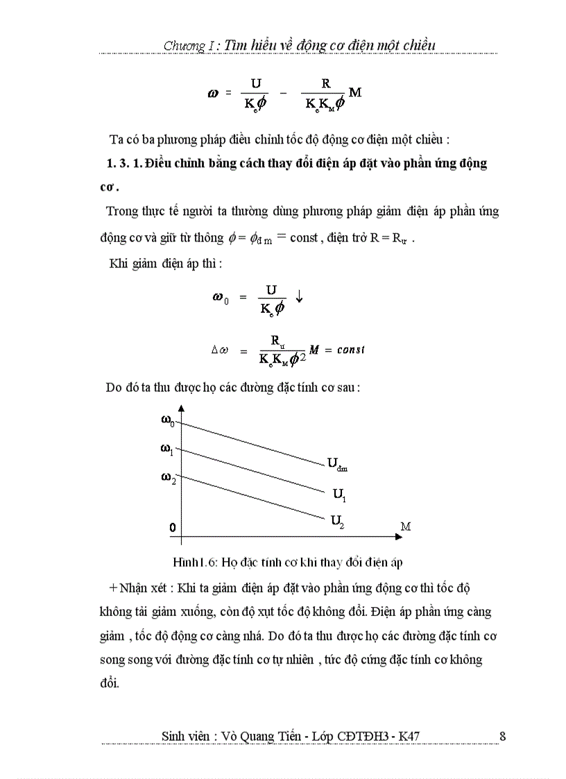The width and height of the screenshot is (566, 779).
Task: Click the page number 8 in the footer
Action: tap(502, 736)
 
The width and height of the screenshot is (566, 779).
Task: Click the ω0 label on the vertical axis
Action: tap(168, 420)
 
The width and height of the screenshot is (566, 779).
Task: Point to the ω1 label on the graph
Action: tap(167, 450)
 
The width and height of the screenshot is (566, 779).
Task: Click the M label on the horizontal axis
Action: tap(406, 527)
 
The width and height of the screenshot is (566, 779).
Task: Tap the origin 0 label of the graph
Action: tap(172, 528)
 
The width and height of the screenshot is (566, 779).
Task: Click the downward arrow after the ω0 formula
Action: tap(299, 296)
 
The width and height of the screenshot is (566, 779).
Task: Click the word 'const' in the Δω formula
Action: tap(351, 349)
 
